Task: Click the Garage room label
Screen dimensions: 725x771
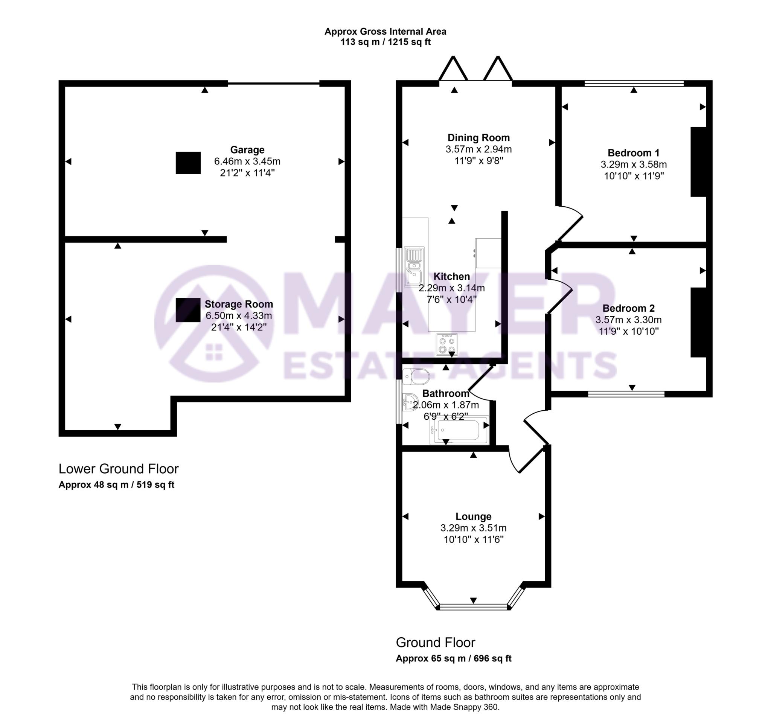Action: [247, 150]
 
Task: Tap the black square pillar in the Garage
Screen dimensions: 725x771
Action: [188, 163]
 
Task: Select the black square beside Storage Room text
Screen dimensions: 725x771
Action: [188, 310]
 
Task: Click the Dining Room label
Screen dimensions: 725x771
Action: [478, 138]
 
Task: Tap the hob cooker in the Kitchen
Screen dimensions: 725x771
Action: [447, 344]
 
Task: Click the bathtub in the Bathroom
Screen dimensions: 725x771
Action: [459, 430]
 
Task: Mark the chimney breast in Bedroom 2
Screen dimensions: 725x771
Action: [698, 322]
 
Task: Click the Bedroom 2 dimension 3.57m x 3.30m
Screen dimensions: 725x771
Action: [628, 320]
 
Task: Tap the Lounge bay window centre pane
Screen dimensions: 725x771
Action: [473, 607]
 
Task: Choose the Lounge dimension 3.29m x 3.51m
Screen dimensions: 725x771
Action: [473, 528]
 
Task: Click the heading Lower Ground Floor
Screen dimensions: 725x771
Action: [118, 469]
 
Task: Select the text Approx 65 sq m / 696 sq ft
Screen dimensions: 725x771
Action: [453, 658]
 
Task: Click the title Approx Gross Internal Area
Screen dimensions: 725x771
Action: [385, 31]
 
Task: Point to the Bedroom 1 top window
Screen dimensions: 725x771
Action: [634, 83]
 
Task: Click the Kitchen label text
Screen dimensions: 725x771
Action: [451, 276]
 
